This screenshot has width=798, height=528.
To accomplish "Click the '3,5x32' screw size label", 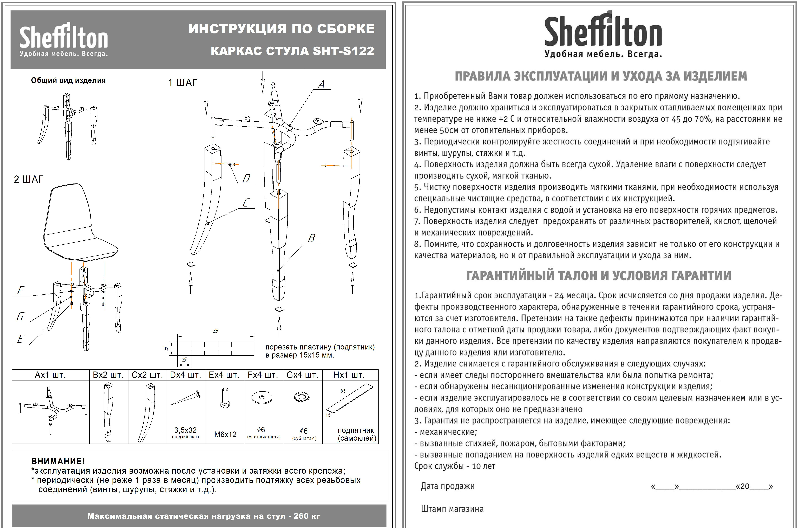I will [x=185, y=430].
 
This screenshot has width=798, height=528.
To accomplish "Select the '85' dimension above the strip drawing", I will [x=215, y=331].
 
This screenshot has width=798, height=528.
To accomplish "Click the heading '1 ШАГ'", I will [x=183, y=83].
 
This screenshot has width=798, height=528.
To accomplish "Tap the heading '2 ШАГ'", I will [x=29, y=179].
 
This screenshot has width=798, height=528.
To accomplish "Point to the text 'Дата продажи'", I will [x=447, y=486].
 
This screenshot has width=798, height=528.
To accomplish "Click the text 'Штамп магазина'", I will [x=452, y=509].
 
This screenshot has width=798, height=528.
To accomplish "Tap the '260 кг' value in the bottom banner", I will [x=307, y=516].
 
